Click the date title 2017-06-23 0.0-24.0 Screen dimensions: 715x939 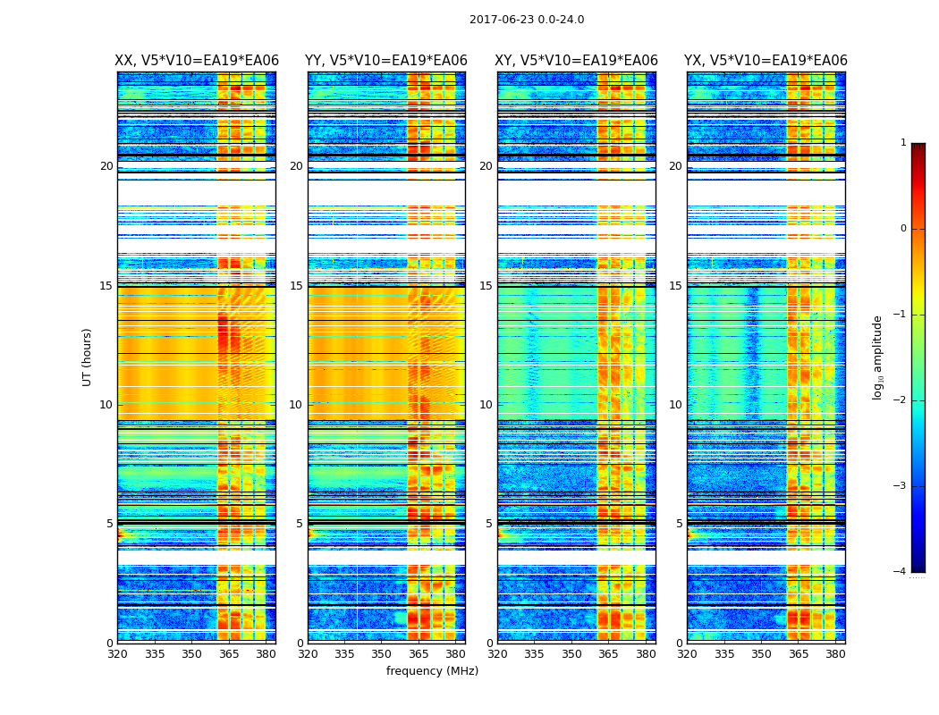(527, 20)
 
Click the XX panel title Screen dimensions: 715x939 (197, 61)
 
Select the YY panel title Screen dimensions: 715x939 (386, 61)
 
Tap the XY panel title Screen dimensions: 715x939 (577, 61)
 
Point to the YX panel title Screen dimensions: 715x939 (766, 61)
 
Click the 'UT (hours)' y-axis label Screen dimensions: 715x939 (87, 357)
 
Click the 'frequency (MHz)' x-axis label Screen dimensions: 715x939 (432, 671)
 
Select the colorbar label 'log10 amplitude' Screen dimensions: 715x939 (878, 357)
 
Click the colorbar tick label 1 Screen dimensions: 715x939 (903, 143)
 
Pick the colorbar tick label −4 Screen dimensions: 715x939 (901, 572)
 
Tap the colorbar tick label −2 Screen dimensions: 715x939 (901, 400)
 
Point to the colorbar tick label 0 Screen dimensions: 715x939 (903, 229)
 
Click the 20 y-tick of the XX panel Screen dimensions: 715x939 (106, 166)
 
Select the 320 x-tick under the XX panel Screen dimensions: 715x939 (117, 654)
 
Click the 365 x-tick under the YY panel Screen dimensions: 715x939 (419, 654)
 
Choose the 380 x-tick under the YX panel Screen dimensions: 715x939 (835, 654)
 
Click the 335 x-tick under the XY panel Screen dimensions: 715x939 (534, 654)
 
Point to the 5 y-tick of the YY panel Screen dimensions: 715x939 (299, 524)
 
